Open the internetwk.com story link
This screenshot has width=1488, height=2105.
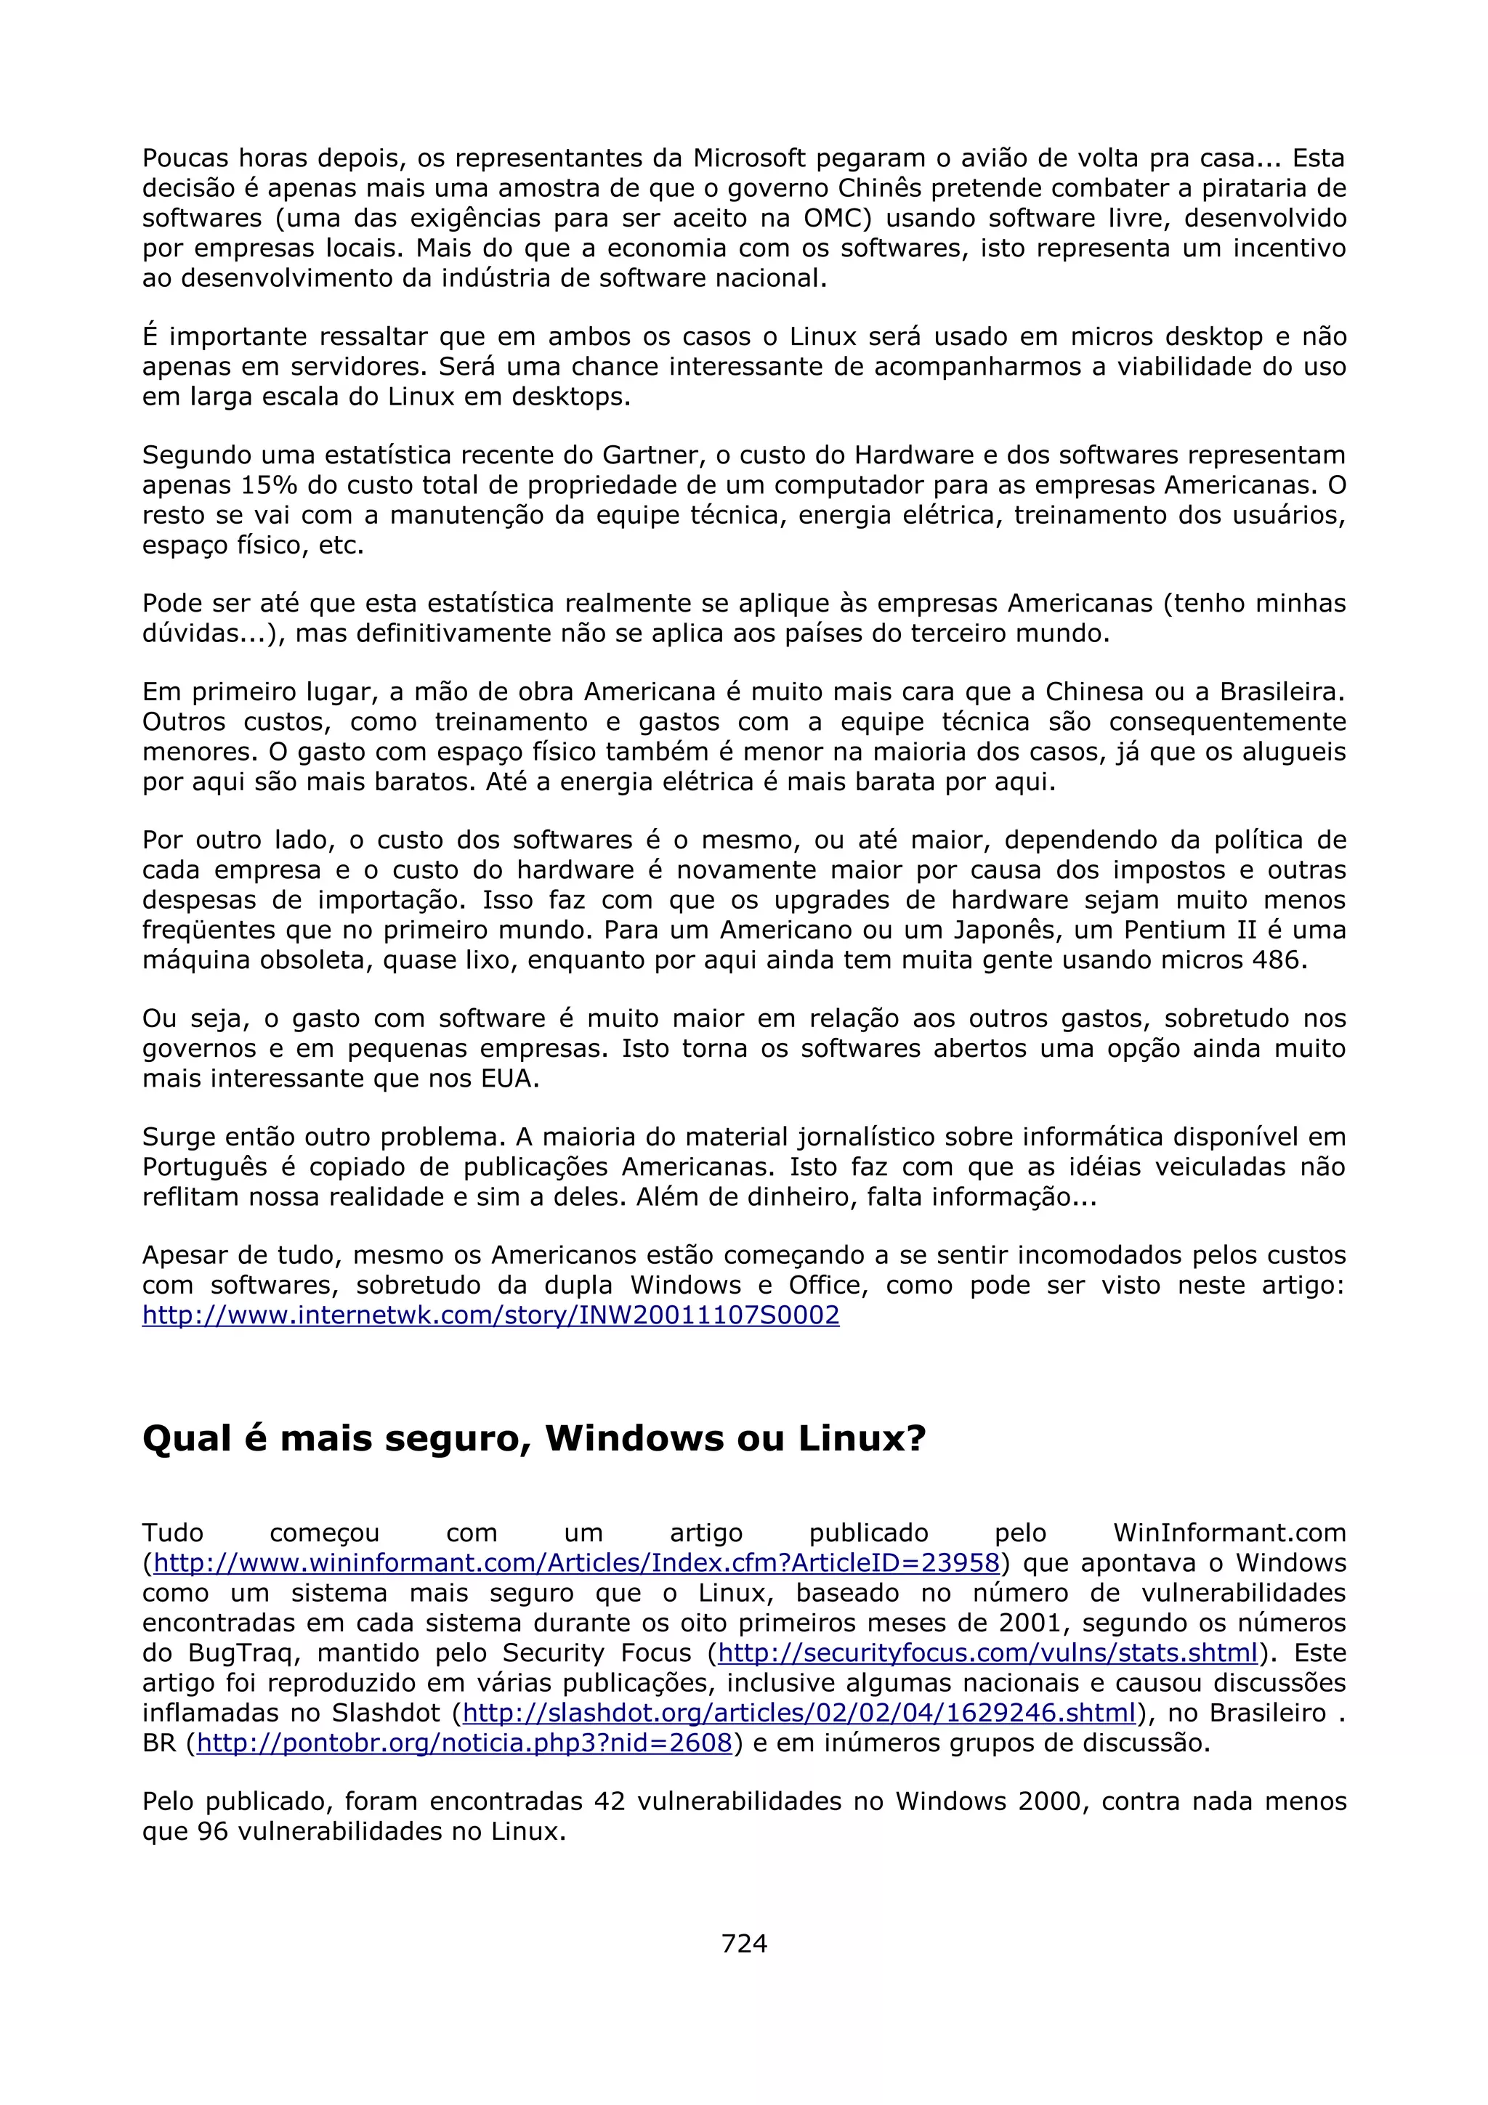(490, 1315)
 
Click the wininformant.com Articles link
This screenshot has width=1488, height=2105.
(575, 1562)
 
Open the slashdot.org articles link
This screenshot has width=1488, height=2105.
(799, 1712)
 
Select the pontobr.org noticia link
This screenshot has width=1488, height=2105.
(464, 1742)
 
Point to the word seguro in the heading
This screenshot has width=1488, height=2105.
(458, 1437)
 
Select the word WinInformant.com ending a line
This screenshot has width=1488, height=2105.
(1229, 1532)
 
